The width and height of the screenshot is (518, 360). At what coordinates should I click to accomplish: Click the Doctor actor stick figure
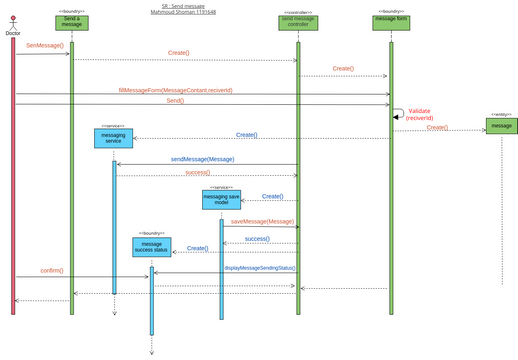(x=12, y=20)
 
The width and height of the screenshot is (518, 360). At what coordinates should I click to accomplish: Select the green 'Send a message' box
(x=72, y=23)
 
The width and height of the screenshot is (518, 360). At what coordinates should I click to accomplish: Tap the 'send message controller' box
(x=298, y=23)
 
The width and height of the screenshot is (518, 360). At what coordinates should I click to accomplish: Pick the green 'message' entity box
(x=501, y=126)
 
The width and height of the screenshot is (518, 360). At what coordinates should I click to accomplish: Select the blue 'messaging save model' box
(x=221, y=201)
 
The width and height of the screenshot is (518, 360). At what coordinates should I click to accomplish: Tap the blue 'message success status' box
(x=152, y=247)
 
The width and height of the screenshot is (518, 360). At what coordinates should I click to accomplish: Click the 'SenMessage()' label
(x=44, y=46)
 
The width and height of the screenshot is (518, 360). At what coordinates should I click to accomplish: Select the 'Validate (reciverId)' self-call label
(x=419, y=115)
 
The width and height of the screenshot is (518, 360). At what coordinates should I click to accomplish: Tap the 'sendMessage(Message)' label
(x=202, y=158)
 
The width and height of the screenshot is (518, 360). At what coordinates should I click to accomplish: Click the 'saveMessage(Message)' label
(x=262, y=221)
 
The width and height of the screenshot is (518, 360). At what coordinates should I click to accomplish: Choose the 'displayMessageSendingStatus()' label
(x=260, y=267)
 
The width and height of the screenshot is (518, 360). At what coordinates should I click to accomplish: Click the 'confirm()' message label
(x=51, y=270)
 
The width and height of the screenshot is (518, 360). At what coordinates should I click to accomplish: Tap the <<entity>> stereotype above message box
(x=501, y=114)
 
